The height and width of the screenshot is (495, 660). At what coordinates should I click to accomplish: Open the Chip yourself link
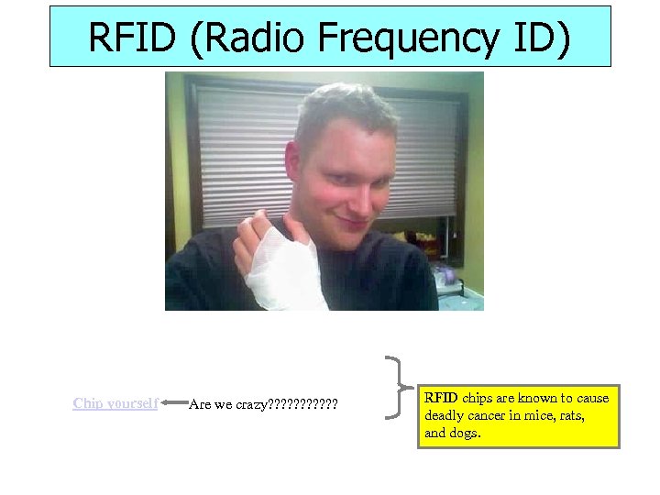pyautogui.click(x=115, y=402)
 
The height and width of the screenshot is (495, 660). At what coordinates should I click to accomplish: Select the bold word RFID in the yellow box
pyautogui.click(x=441, y=398)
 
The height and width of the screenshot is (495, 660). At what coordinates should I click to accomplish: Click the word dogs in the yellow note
pyautogui.click(x=463, y=433)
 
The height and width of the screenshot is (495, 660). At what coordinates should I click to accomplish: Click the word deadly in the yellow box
pyautogui.click(x=444, y=415)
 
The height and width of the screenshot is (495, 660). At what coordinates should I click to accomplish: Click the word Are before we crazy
pyautogui.click(x=198, y=403)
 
